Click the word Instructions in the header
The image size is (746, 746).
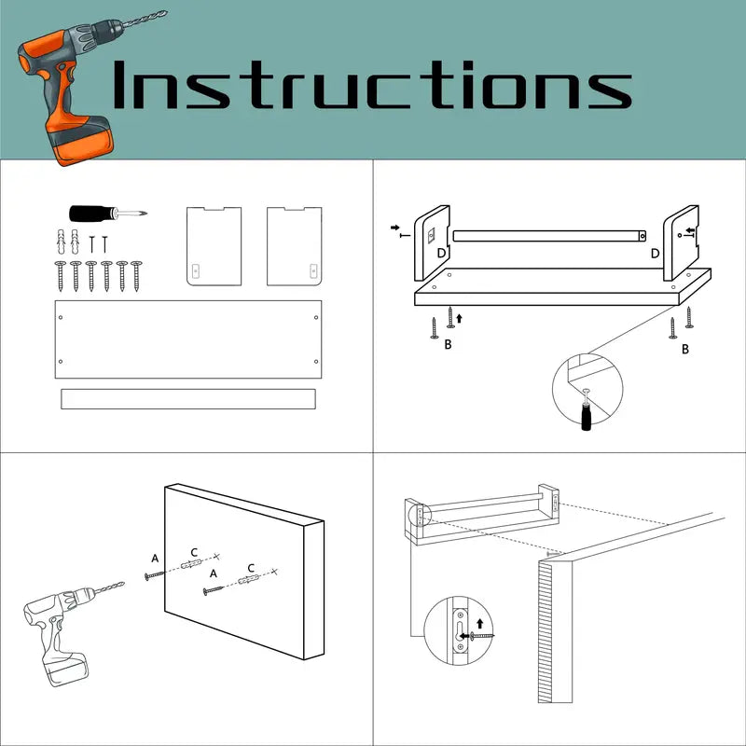click(x=372, y=85)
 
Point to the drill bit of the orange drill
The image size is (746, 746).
click(x=145, y=19)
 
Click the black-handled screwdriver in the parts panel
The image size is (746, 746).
click(x=108, y=214)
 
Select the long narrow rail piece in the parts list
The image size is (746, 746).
click(x=188, y=399)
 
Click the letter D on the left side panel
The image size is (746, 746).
click(x=441, y=253)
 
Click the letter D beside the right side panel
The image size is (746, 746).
click(x=656, y=254)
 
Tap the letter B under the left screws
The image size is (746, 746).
click(x=448, y=344)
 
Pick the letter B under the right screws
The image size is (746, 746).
click(x=685, y=349)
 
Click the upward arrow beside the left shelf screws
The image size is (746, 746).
click(x=459, y=318)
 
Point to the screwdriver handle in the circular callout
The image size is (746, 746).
click(x=587, y=417)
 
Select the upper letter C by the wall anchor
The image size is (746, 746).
click(x=194, y=552)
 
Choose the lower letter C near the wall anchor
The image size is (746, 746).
click(x=251, y=568)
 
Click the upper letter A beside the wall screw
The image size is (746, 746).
click(x=155, y=559)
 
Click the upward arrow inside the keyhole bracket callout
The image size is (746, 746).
click(x=479, y=623)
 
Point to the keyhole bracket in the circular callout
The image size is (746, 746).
click(x=460, y=631)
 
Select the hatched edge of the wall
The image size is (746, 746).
click(x=546, y=631)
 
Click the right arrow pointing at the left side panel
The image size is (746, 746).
click(x=395, y=228)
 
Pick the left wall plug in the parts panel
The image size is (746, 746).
click(x=62, y=242)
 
